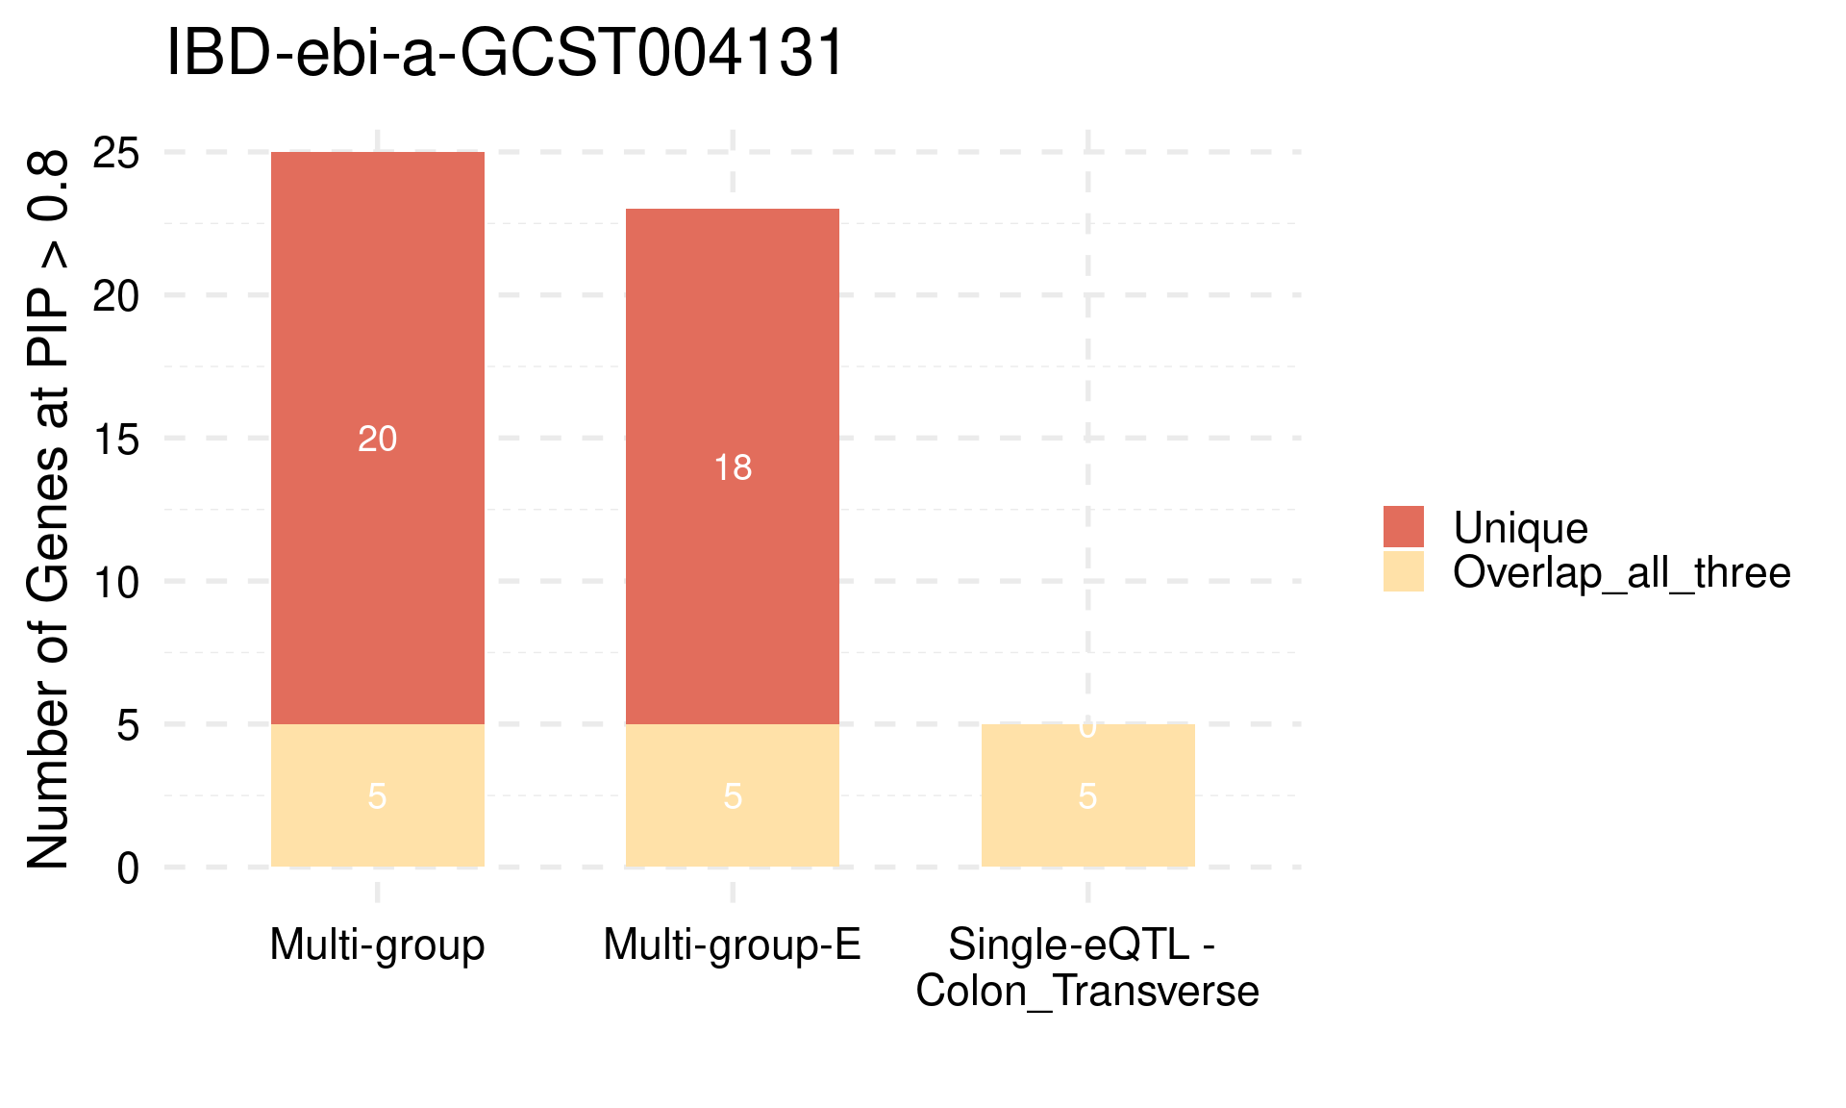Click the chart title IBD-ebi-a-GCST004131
click(505, 53)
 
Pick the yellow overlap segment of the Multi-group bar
click(377, 827)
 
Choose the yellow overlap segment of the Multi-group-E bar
click(732, 827)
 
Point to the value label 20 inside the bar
click(377, 440)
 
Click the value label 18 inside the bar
click(733, 468)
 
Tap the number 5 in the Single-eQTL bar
click(1087, 796)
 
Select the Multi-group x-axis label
click(377, 944)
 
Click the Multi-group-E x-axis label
click(732, 944)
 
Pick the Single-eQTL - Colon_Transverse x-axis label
click(1087, 968)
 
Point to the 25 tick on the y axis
click(116, 153)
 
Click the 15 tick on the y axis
click(116, 440)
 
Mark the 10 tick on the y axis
click(116, 582)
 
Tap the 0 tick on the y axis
click(128, 869)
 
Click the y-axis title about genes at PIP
click(48, 510)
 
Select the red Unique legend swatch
click(1404, 527)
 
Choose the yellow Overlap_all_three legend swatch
click(1404, 571)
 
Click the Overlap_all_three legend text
click(1621, 573)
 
